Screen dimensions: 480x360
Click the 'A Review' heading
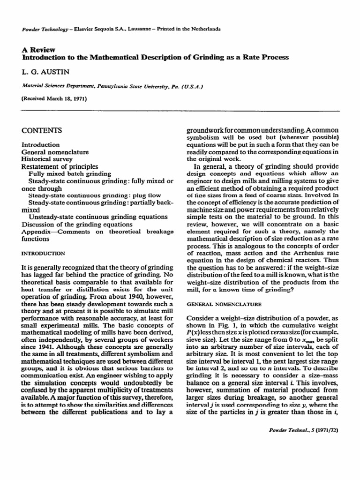pos(36,49)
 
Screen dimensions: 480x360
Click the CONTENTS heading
pos(42,130)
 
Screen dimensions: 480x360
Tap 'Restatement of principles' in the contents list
pos(60,166)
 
